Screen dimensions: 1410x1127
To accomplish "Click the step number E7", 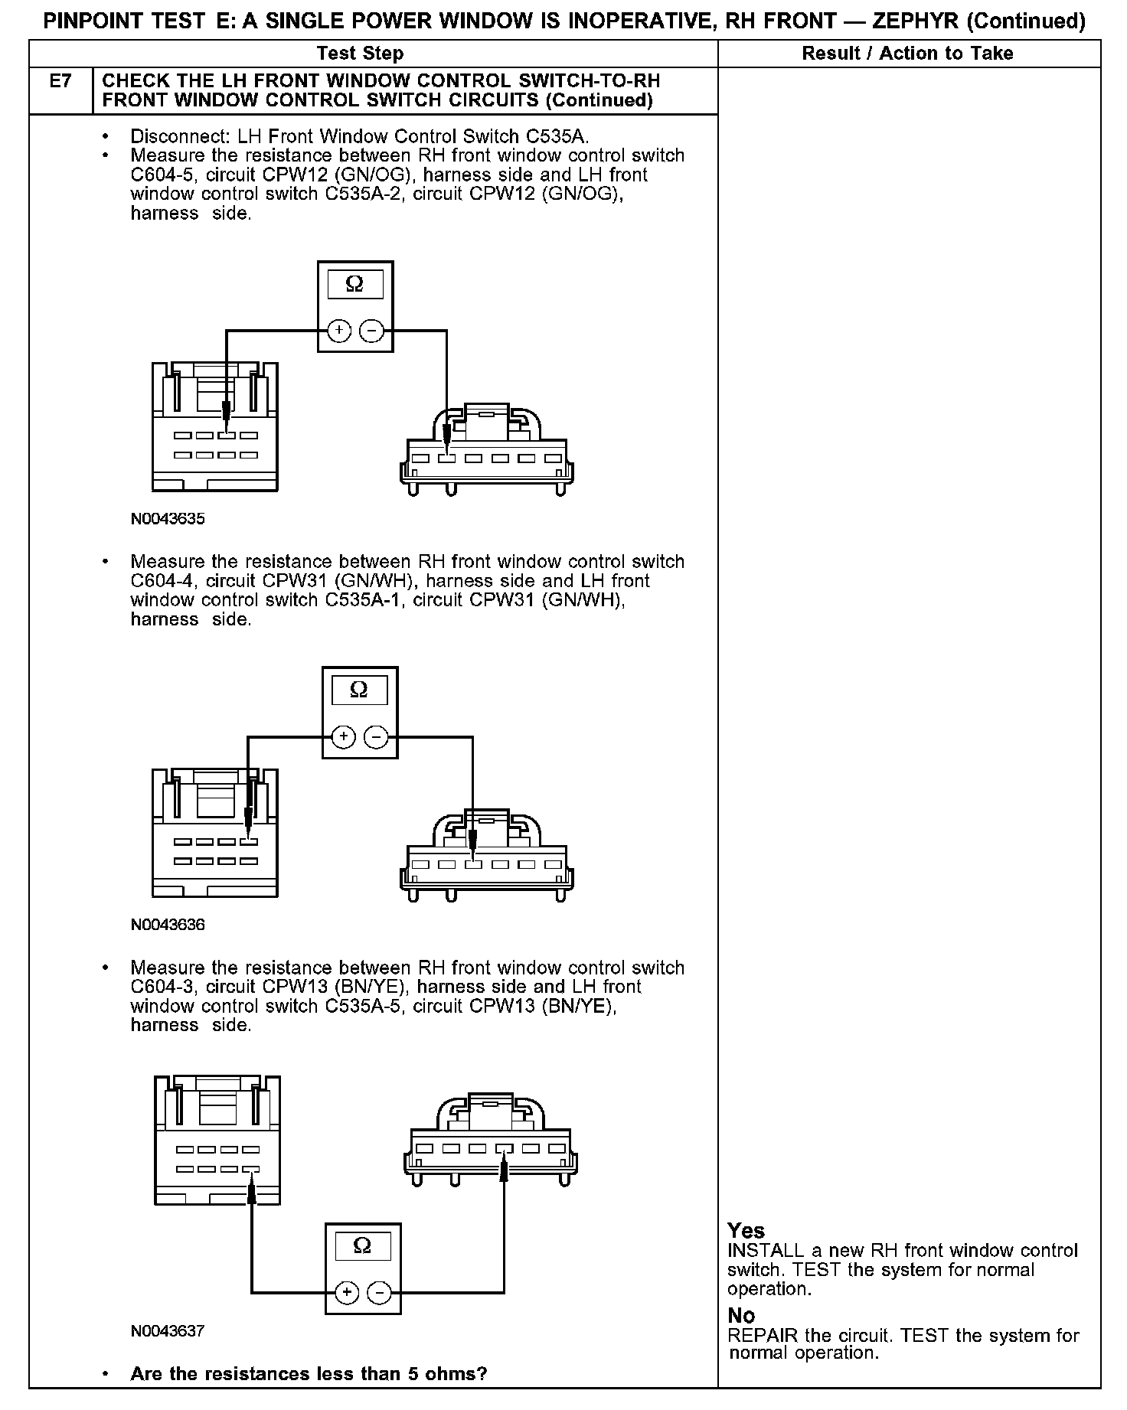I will point(60,81).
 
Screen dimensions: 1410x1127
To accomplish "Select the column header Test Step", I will point(360,54).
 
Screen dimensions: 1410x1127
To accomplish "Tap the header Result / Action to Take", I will point(907,54).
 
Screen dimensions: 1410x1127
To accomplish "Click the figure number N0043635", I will point(168,519).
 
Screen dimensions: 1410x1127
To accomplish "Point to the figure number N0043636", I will point(168,925).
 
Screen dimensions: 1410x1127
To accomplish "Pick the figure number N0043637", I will point(168,1331).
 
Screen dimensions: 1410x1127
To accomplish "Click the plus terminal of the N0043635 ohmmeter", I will point(339,331).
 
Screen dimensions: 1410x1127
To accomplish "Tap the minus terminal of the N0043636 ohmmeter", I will point(376,737).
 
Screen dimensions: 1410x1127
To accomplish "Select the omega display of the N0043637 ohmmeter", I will point(362,1247).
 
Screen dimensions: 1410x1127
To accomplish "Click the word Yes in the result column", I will point(746,1231).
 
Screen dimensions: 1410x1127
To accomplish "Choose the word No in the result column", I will point(741,1316).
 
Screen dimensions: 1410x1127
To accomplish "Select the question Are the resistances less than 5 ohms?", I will point(309,1374).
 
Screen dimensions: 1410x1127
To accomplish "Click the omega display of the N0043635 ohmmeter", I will point(354,285).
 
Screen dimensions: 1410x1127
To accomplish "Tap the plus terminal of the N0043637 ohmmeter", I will point(347,1293).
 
